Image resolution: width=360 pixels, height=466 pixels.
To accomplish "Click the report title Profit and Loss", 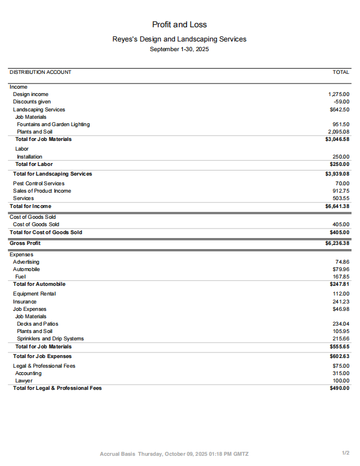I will pos(179,24).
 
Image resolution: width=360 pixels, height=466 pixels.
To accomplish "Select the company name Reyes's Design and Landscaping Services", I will pos(179,39).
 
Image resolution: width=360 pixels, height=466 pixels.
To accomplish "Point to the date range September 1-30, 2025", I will pos(179,49).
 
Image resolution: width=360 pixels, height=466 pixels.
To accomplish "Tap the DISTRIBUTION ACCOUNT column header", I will pos(40,72).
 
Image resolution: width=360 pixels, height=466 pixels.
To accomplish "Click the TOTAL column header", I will pos(341,72).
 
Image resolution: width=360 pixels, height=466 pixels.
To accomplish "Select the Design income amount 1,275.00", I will pos(339,94).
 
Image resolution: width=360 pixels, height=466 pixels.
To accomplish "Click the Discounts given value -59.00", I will pos(342,102).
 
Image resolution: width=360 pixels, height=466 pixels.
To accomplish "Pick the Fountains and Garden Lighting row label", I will pos(53,124).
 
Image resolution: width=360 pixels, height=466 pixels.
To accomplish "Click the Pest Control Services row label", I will pos(39,184).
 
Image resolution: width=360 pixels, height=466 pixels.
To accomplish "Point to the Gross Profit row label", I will pos(25,243).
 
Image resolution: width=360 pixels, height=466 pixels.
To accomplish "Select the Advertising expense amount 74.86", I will pos(342,262).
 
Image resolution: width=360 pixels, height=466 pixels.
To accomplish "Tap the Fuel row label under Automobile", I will pos(20,277).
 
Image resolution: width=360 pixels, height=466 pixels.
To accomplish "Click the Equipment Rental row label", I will pos(35,294).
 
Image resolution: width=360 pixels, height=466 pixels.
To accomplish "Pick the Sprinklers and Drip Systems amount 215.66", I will pos(341,339).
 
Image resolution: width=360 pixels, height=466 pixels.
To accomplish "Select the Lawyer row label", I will pos(24,381).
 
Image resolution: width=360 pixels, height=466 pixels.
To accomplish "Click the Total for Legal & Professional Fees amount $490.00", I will pos(340,388).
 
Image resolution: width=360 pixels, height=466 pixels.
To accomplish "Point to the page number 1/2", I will pos(346,453).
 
